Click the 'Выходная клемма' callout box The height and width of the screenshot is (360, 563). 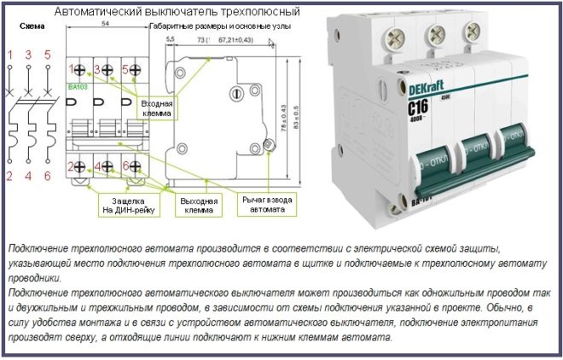197,205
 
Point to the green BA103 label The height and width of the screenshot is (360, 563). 78,87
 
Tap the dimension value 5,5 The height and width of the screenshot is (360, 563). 170,40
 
